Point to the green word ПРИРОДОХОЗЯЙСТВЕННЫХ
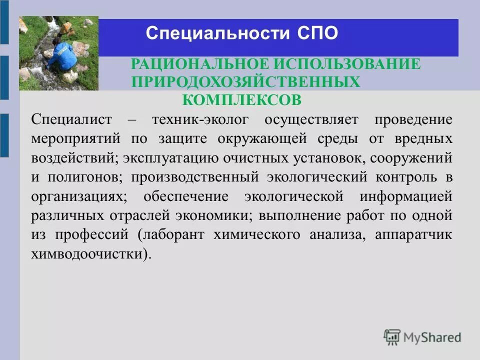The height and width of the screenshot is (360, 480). (x=245, y=82)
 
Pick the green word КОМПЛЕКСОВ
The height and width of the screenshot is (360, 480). (x=242, y=100)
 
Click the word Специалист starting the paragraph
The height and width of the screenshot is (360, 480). (x=70, y=120)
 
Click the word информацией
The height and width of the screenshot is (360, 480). (x=405, y=196)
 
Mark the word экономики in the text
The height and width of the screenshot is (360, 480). (x=215, y=215)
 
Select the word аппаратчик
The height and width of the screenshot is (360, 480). (x=413, y=235)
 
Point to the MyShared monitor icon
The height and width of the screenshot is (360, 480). (x=392, y=336)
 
